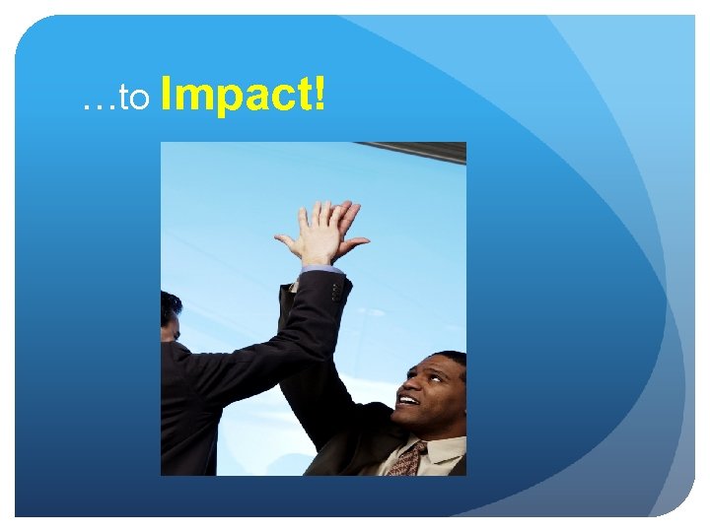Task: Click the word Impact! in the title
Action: click(x=242, y=97)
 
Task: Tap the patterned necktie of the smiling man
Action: click(x=406, y=459)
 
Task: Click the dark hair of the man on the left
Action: click(x=170, y=306)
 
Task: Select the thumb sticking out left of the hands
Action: click(x=287, y=240)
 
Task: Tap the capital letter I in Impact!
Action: click(x=165, y=97)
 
